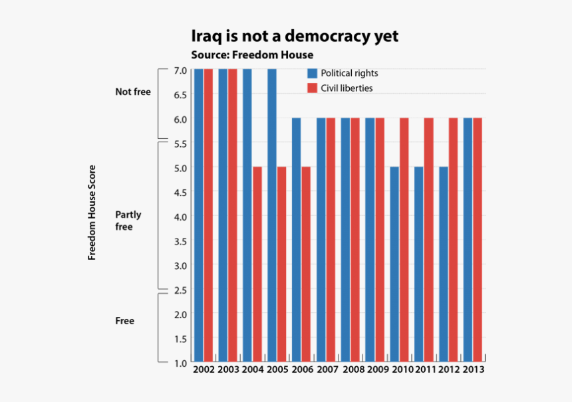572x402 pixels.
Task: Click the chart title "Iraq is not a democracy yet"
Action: [295, 36]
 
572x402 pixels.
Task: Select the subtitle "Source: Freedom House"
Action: [251, 54]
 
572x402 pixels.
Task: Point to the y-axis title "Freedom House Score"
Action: [92, 212]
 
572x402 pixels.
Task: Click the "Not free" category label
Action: [132, 92]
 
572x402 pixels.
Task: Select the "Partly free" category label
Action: [128, 221]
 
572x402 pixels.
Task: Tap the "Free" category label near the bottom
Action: [124, 321]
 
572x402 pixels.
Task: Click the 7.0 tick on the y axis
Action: [180, 70]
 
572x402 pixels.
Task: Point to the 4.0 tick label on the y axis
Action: [180, 217]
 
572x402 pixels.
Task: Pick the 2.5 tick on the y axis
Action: [180, 290]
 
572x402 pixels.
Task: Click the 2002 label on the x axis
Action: [204, 369]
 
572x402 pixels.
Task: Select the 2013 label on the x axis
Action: [473, 369]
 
